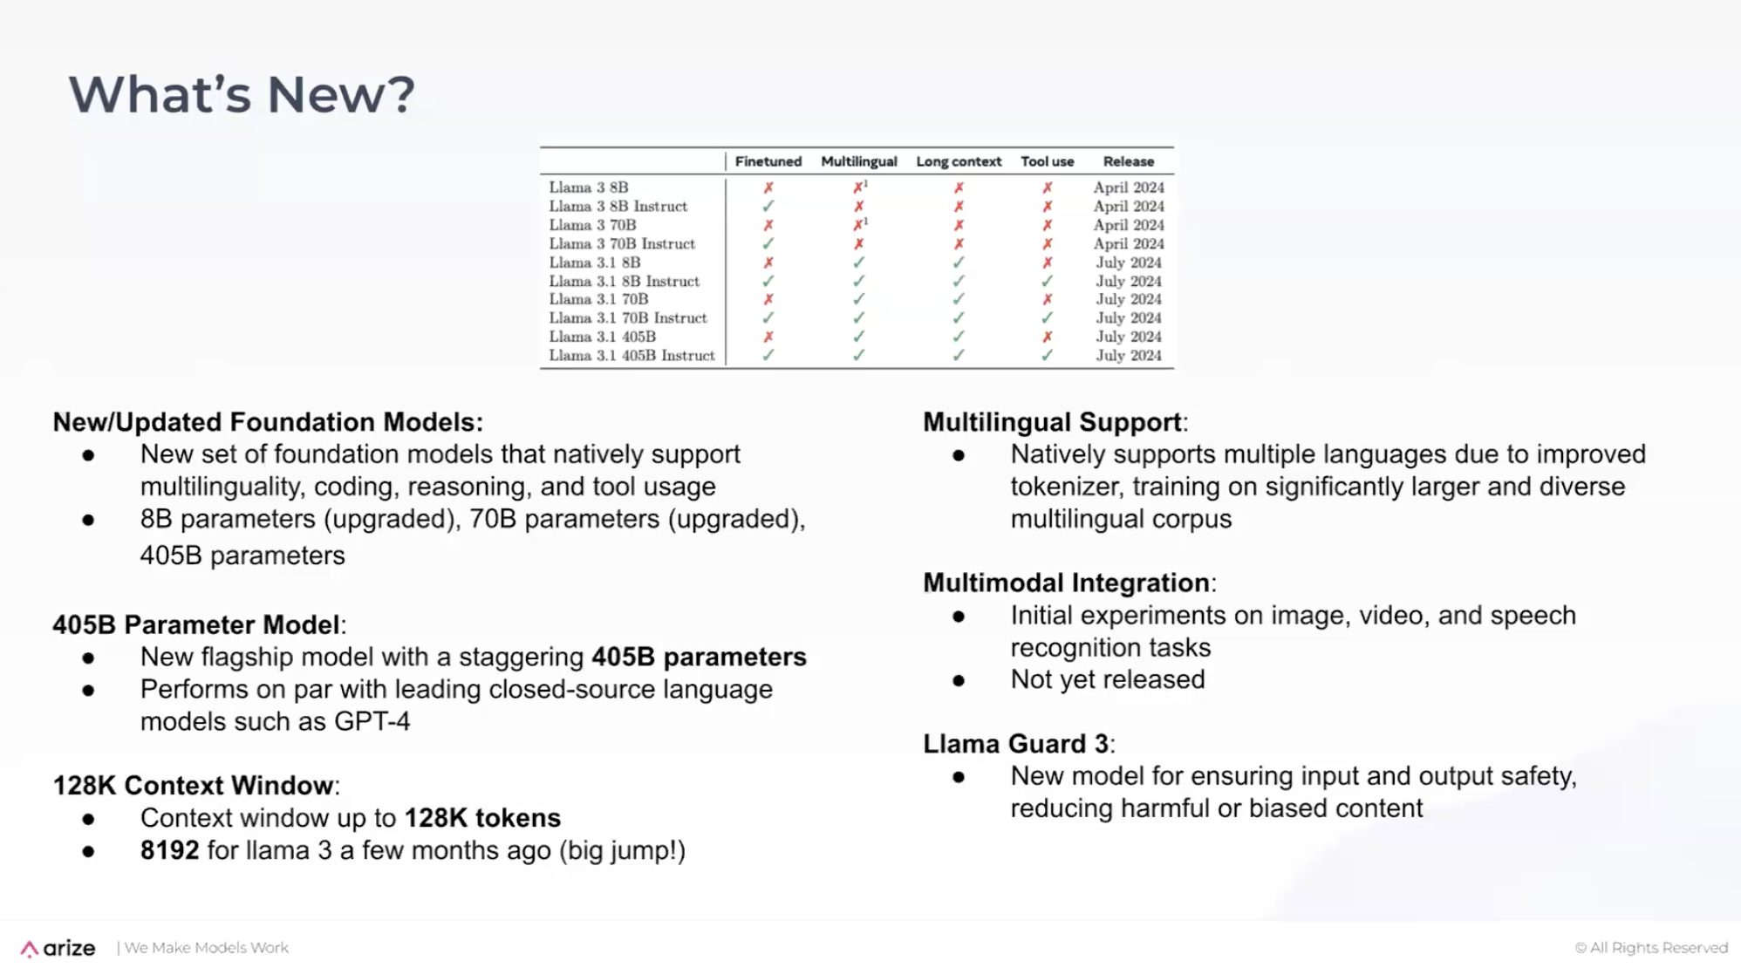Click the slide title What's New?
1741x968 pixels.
pyautogui.click(x=242, y=94)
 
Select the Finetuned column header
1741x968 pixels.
pyautogui.click(x=768, y=161)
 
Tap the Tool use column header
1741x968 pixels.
pyautogui.click(x=1047, y=161)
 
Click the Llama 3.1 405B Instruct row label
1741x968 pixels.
pyautogui.click(x=632, y=356)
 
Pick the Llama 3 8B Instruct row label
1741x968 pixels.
pyautogui.click(x=618, y=207)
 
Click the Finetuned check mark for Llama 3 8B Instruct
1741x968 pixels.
pyautogui.click(x=768, y=207)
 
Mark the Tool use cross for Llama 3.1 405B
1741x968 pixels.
pyautogui.click(x=1047, y=337)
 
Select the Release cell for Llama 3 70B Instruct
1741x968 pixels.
pyautogui.click(x=1128, y=244)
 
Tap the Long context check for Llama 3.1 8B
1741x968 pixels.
pyautogui.click(x=958, y=262)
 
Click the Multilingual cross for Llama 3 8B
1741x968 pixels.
pyautogui.click(x=858, y=187)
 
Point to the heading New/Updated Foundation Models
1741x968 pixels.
pyautogui.click(x=267, y=422)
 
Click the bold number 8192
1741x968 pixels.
pyautogui.click(x=169, y=850)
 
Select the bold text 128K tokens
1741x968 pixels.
pyautogui.click(x=482, y=818)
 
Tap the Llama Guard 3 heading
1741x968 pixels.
pyautogui.click(x=1015, y=744)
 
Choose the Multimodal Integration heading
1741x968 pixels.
pyautogui.click(x=1066, y=583)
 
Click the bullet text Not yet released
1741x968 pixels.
pyautogui.click(x=1107, y=679)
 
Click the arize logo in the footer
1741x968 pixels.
pyautogui.click(x=58, y=948)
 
